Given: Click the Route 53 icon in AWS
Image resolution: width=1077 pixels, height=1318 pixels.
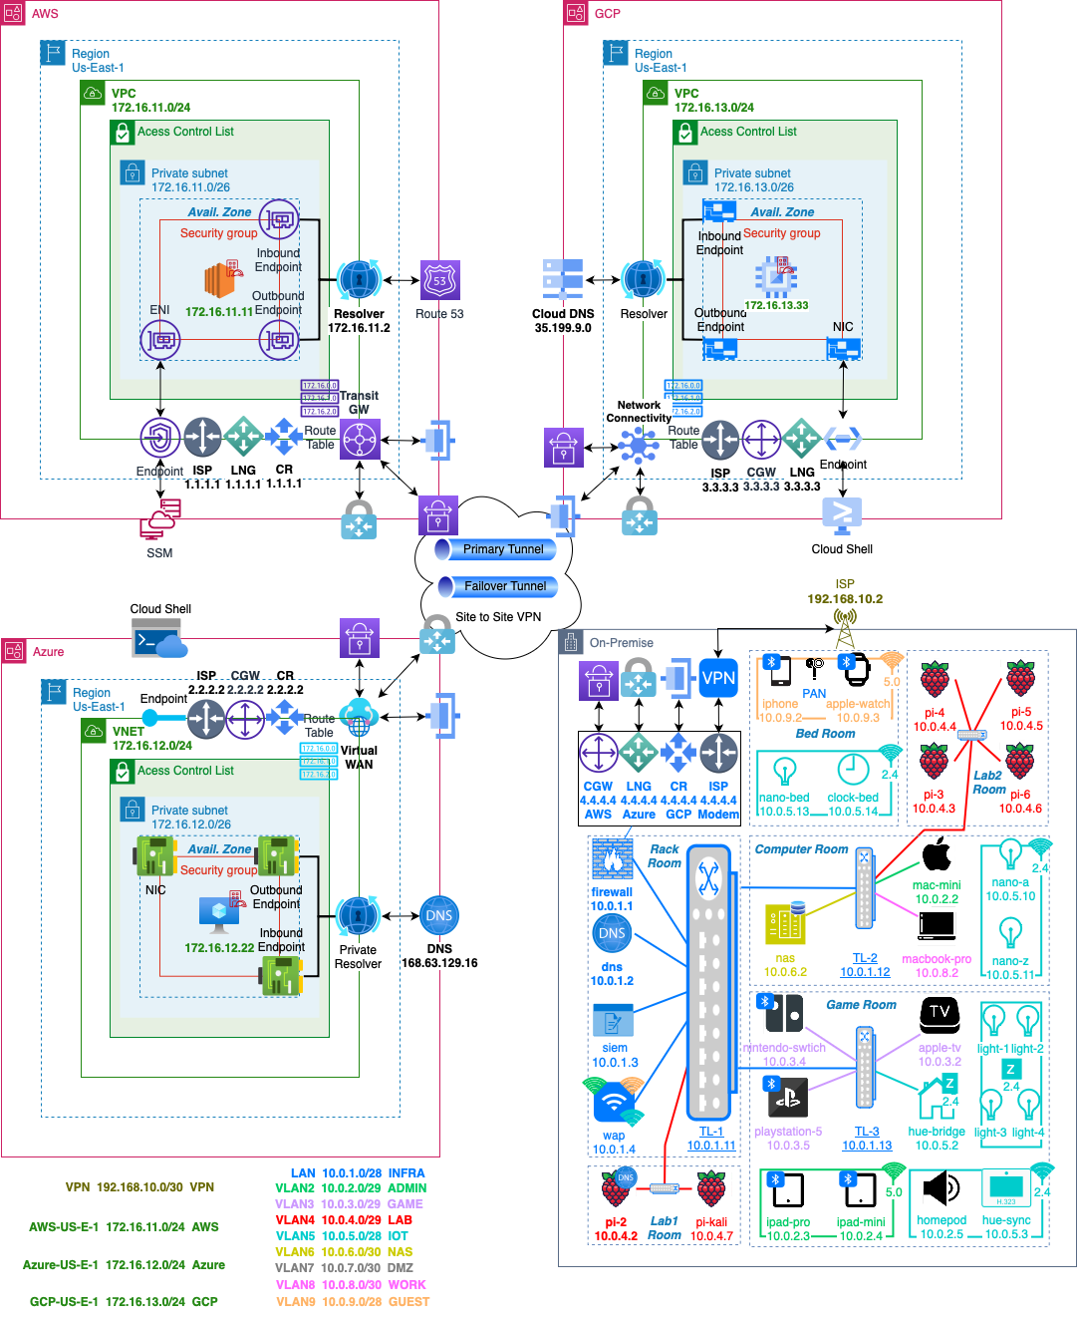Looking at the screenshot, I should click(x=439, y=280).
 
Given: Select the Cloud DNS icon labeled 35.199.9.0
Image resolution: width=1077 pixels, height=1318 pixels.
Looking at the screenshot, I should click(x=563, y=280).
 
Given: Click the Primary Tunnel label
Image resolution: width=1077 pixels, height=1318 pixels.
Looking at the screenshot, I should click(x=502, y=549).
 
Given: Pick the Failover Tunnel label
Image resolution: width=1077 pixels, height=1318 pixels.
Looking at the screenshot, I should click(x=504, y=586).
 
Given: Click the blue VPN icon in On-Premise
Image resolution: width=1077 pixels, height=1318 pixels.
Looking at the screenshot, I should click(x=718, y=679).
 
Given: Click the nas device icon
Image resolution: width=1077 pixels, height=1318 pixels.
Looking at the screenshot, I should click(x=785, y=924).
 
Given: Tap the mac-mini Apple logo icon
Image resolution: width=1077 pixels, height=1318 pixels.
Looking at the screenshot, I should click(x=937, y=855).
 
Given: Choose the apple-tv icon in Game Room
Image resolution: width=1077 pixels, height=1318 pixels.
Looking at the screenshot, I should click(x=940, y=1014).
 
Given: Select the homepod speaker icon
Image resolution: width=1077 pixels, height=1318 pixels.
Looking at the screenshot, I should click(x=941, y=1188).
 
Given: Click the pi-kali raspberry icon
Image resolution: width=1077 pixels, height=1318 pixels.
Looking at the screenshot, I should click(x=711, y=1189).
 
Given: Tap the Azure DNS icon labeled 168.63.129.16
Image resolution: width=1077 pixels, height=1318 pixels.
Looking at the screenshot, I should click(x=439, y=916).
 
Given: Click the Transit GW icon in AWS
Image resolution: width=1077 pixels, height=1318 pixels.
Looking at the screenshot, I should click(x=360, y=439).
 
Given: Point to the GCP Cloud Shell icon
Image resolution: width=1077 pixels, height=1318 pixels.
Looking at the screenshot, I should click(x=842, y=515).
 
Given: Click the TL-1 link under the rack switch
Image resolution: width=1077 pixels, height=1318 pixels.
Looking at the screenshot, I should click(x=711, y=1132).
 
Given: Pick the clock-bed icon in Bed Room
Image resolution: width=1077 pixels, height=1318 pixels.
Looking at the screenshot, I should click(x=853, y=769).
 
